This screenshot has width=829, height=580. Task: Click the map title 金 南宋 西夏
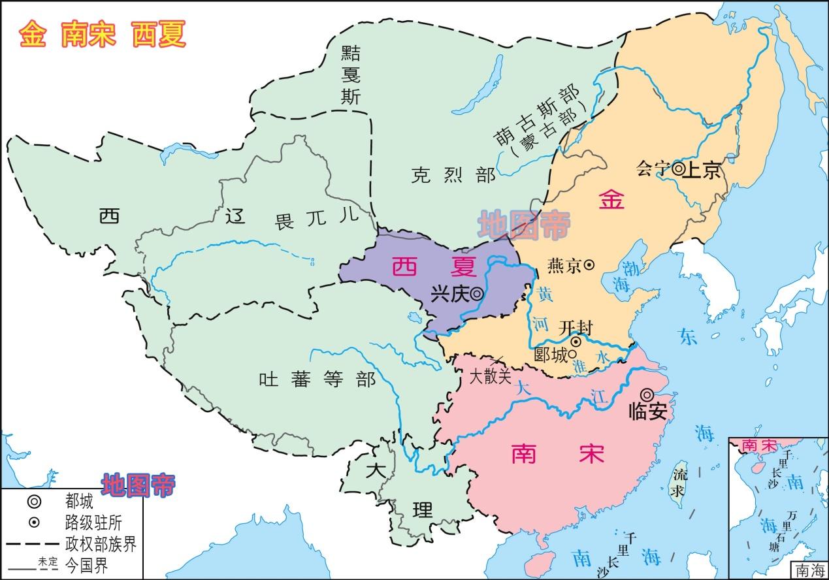[103, 35]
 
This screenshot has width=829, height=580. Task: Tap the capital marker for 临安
[647, 395]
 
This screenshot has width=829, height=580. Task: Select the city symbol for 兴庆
[478, 295]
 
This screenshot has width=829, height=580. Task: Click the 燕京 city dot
[589, 265]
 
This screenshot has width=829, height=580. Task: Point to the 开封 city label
[576, 327]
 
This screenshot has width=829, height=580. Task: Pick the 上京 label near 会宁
[704, 170]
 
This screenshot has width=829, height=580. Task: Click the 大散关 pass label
[490, 377]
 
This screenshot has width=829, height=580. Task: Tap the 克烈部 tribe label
[453, 175]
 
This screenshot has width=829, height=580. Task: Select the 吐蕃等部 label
[317, 379]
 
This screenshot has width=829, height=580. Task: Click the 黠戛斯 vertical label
[351, 75]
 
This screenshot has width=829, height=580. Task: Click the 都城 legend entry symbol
[34, 502]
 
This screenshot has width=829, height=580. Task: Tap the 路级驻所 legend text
[93, 523]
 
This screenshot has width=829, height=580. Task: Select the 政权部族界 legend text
[101, 544]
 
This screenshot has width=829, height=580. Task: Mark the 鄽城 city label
[550, 355]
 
